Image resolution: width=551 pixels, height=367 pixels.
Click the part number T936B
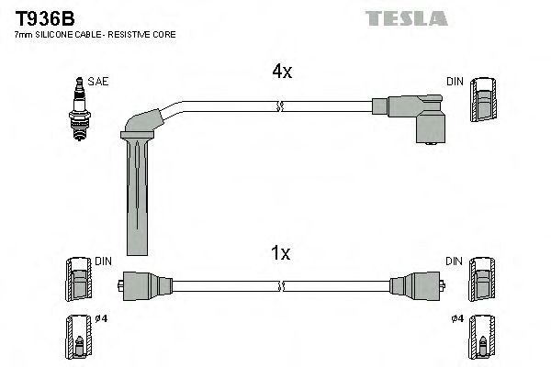39,17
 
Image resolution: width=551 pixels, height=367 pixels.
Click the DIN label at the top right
455,82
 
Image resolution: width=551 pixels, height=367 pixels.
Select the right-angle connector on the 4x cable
413,117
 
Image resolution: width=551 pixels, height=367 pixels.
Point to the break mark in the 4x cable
278,107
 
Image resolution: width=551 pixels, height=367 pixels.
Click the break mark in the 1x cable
281,285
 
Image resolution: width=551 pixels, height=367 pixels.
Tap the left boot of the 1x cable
142,284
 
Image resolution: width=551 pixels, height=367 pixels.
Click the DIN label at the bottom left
103,261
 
